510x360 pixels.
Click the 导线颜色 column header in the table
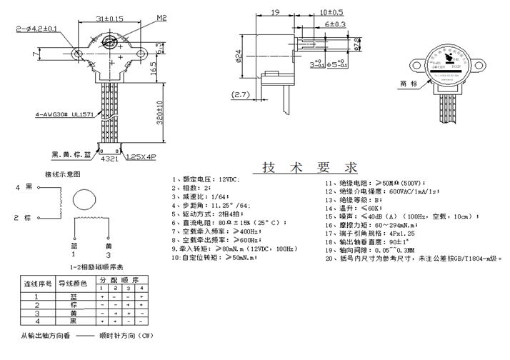click(x=72, y=284)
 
